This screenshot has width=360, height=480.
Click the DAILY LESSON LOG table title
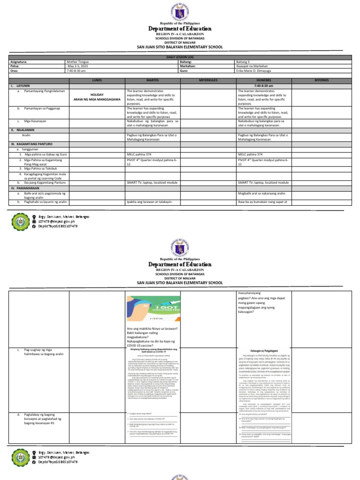pyautogui.click(x=180, y=57)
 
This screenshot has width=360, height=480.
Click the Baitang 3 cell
pyautogui.click(x=245, y=61)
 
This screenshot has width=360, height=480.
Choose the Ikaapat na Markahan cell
pyautogui.click(x=254, y=66)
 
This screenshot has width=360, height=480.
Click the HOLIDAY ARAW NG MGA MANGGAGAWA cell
pyautogui.click(x=97, y=97)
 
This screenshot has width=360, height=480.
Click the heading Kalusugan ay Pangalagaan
pyautogui.click(x=264, y=350)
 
